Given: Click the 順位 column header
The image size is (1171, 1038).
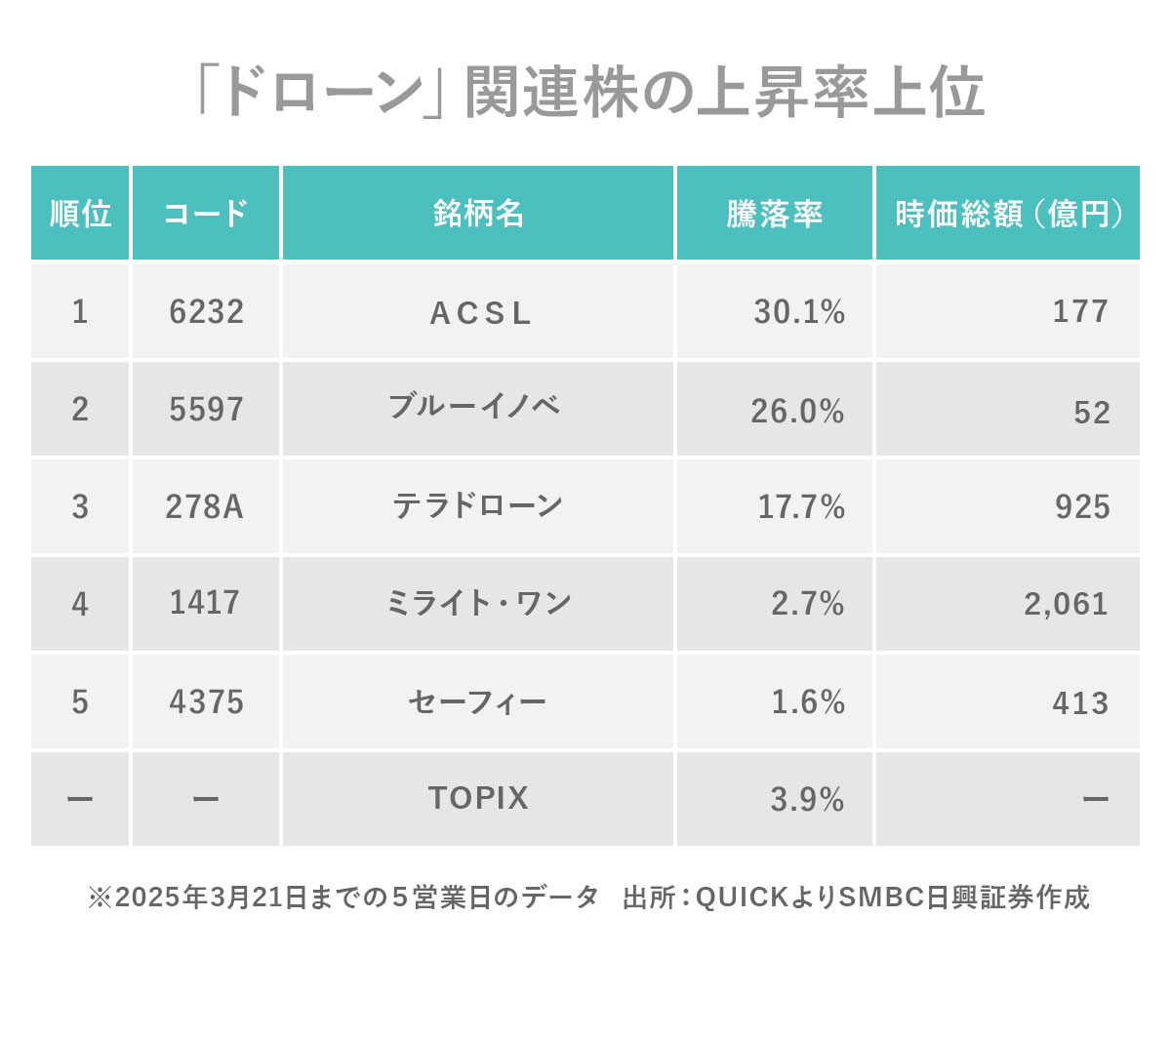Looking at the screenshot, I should click(80, 214).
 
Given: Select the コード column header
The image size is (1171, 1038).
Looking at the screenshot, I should click(206, 214).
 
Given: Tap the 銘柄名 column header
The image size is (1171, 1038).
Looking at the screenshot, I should click(478, 214).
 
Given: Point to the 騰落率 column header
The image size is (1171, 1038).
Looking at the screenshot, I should click(774, 214).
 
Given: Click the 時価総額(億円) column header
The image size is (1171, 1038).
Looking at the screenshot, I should click(1007, 214).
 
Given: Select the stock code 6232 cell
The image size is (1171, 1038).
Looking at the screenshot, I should click(206, 311).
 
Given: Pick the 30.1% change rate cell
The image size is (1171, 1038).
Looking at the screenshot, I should click(798, 311).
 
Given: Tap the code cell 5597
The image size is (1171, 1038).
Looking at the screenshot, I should click(206, 409).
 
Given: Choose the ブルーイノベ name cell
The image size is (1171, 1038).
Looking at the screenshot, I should click(475, 407).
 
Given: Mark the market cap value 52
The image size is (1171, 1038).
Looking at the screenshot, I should click(1091, 413).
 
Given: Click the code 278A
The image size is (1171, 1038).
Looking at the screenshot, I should click(204, 506).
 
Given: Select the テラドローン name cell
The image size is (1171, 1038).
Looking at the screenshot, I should click(478, 505).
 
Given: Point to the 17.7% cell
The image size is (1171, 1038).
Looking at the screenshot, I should click(800, 506).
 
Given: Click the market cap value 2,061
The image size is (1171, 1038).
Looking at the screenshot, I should click(1066, 604).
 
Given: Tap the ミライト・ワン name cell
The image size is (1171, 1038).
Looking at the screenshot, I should click(478, 603).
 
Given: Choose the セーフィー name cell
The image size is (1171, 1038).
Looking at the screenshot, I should click(477, 701).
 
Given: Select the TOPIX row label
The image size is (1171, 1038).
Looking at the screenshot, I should click(478, 798).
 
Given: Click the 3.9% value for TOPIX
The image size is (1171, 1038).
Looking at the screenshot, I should click(807, 800).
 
